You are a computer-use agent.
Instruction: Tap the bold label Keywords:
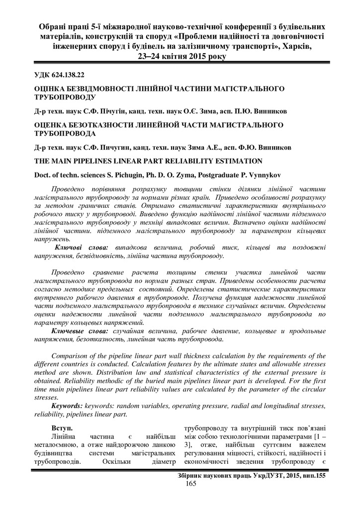click(67, 406)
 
